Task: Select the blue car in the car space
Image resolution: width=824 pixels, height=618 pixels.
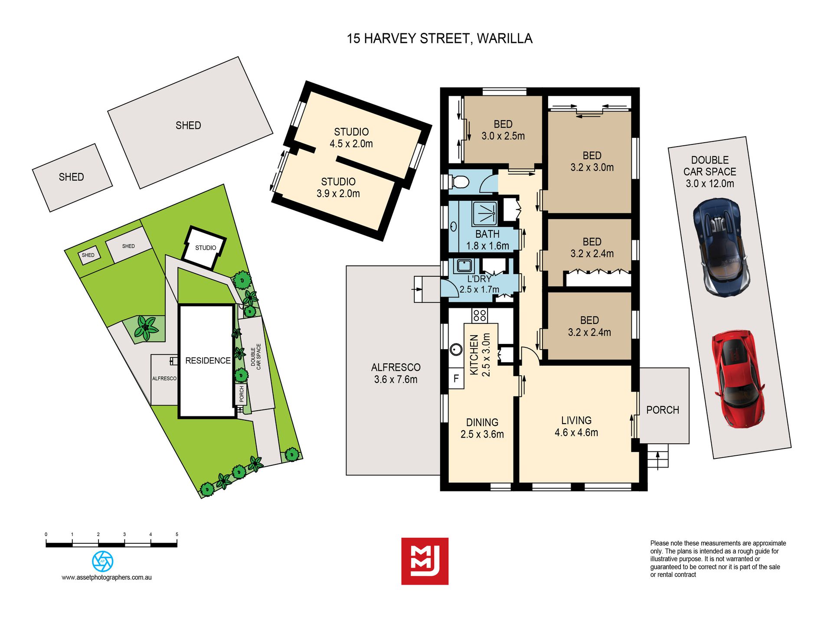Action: pos(722,248)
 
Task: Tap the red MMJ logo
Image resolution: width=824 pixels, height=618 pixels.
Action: pos(425,561)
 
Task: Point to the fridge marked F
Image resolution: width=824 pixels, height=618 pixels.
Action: pos(456,378)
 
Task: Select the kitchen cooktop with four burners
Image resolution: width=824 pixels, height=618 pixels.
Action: pos(480,315)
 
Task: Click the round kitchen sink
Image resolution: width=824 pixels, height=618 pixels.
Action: pos(456,349)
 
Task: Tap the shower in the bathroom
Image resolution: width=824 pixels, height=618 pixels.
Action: pos(484,213)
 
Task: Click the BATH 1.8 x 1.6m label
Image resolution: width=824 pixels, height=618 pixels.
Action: pos(487,240)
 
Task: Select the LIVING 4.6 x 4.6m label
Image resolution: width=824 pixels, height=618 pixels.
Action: pos(576,426)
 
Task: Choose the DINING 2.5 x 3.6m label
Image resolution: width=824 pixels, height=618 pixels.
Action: pos(482,428)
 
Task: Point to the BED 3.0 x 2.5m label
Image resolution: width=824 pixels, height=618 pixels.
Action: pos(503,130)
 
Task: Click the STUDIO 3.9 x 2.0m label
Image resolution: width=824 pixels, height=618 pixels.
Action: pos(338,188)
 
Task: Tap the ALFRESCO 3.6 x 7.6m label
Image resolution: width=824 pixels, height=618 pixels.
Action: pos(396,373)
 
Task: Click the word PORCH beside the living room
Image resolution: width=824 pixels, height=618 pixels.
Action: pos(663,410)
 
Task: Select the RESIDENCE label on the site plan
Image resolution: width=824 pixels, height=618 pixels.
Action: pos(208,360)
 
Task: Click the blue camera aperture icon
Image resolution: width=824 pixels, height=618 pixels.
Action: pos(103,561)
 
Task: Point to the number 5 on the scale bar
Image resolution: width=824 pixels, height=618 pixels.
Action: pos(177,534)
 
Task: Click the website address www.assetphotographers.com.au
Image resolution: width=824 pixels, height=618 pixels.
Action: pos(107,578)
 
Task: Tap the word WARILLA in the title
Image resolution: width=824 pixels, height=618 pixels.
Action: pos(505,39)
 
